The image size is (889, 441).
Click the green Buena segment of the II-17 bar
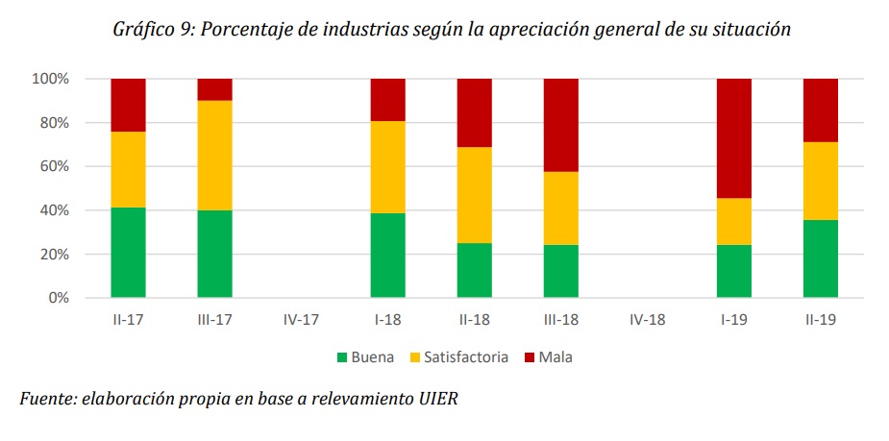pyautogui.click(x=128, y=253)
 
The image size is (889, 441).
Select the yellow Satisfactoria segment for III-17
pyautogui.click(x=214, y=156)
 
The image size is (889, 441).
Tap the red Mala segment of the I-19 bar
pyautogui.click(x=734, y=138)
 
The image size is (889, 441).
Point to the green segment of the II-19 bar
pyautogui.click(x=821, y=258)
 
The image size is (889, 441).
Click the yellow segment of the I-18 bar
pyautogui.click(x=388, y=167)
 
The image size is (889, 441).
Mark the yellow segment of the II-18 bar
pyautogui.click(x=475, y=195)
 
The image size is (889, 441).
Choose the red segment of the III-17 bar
pyautogui.click(x=214, y=89)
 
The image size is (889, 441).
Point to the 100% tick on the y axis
pyautogui.click(x=50, y=79)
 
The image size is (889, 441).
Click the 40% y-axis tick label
pyautogui.click(x=53, y=210)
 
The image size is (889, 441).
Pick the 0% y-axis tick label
pyautogui.click(x=57, y=298)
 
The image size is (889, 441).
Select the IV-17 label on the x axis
pyautogui.click(x=302, y=318)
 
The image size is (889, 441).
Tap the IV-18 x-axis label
pyautogui.click(x=648, y=318)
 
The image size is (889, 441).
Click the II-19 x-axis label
pyautogui.click(x=821, y=318)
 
